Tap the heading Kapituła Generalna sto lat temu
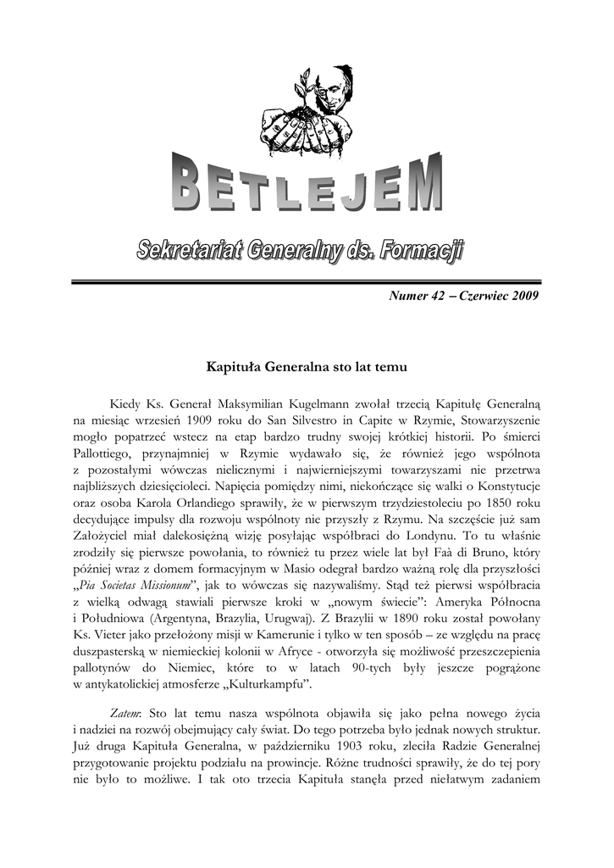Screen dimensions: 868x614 [307, 368]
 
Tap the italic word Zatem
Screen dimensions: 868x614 [125, 710]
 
